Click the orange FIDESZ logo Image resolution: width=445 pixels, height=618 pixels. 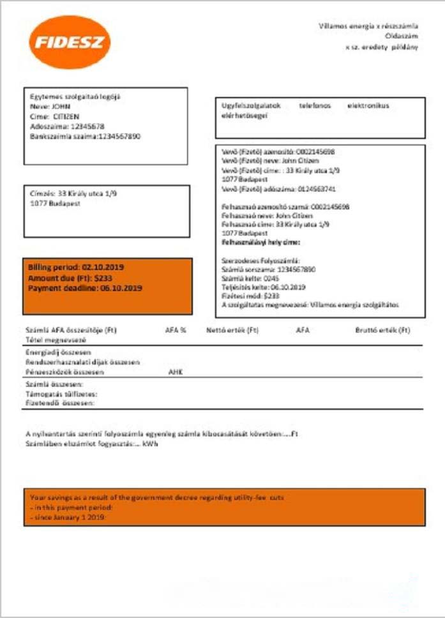coord(70,43)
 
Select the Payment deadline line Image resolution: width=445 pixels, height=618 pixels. coord(85,288)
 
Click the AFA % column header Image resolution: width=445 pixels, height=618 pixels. coord(176,331)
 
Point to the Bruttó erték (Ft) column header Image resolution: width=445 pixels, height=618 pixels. coord(382,331)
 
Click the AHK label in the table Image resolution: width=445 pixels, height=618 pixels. coord(175,371)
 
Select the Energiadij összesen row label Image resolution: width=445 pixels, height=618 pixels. coord(57,352)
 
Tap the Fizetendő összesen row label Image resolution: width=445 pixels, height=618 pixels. coord(60,403)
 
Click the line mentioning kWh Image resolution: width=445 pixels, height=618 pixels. coord(92,444)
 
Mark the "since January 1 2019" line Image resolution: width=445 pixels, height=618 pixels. coord(66,516)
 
